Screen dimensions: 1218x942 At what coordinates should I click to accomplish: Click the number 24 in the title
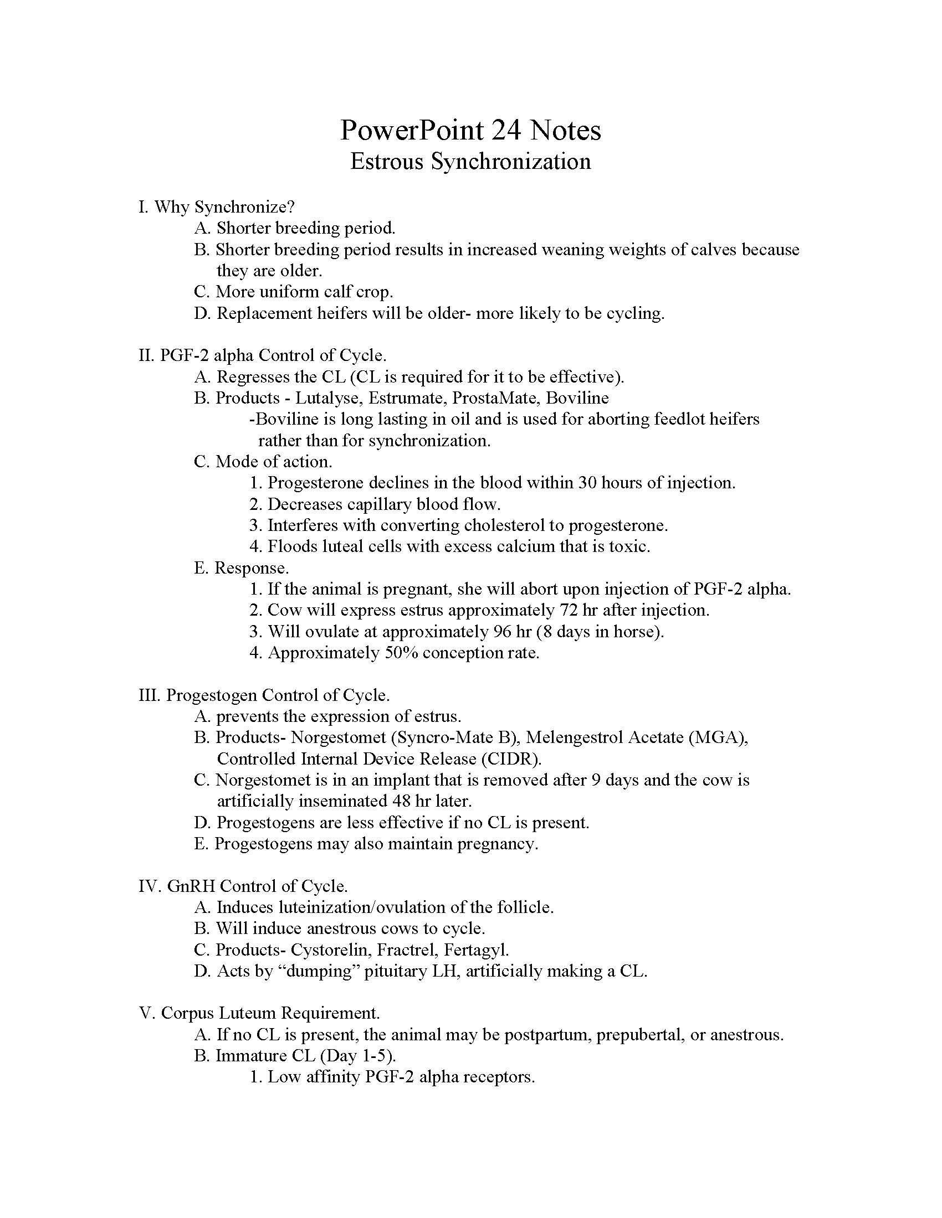click(506, 131)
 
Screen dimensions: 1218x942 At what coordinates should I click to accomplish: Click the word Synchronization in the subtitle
click(511, 162)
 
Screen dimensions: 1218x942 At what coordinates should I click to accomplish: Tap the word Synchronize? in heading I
click(244, 207)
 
